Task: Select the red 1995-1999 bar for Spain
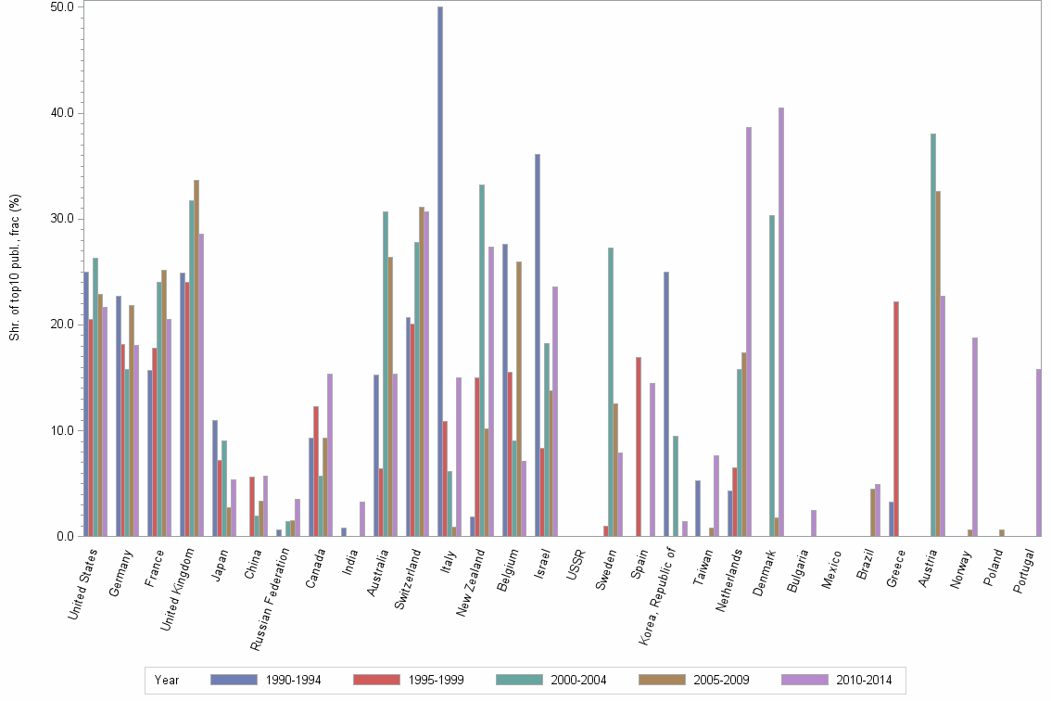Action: pyautogui.click(x=639, y=446)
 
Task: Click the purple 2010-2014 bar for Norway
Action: pyautogui.click(x=975, y=437)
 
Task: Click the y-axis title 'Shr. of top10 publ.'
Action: pyautogui.click(x=14, y=268)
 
